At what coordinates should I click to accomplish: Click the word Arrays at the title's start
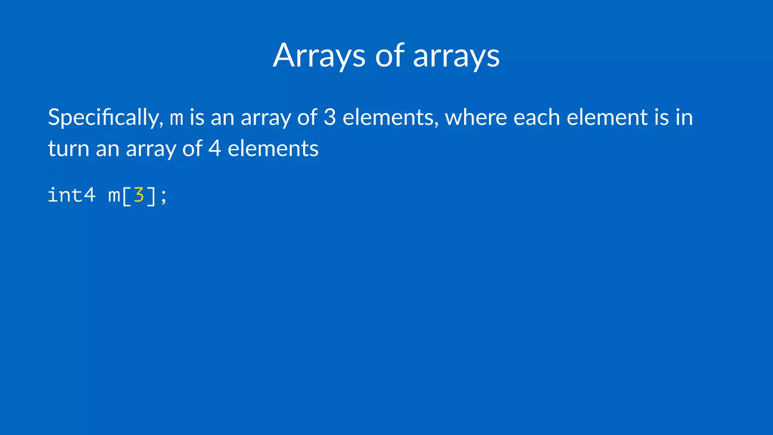point(319,56)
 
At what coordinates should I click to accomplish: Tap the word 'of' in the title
point(390,56)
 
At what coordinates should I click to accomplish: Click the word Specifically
point(105,118)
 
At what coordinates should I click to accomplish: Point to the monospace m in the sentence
point(177,118)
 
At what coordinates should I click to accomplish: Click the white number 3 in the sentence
point(330,117)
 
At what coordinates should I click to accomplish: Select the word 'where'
point(476,117)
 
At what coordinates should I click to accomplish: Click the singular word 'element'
point(607,117)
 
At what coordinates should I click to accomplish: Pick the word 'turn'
point(68,148)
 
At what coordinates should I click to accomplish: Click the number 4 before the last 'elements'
point(214,148)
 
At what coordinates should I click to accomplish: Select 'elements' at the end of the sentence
point(273,148)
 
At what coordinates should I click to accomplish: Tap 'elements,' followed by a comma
point(390,117)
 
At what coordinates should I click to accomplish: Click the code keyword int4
point(71,196)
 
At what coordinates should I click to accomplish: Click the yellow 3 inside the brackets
point(139,195)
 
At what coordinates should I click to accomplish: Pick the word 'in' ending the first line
point(684,117)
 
